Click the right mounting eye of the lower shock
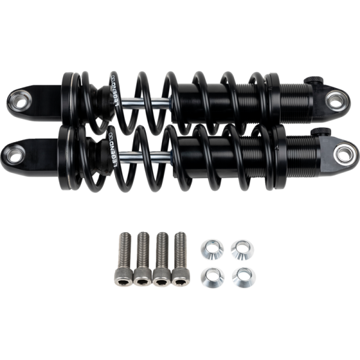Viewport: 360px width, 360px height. [344, 154]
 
